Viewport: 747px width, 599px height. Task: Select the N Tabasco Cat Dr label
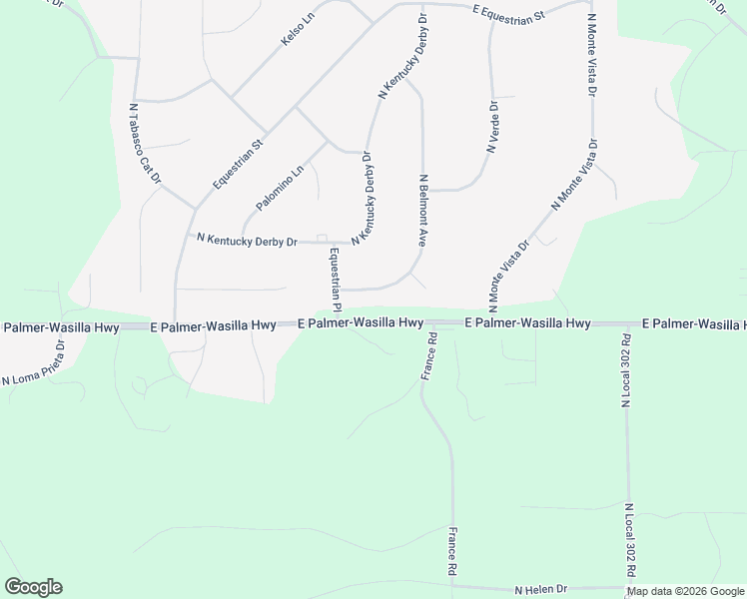pos(146,144)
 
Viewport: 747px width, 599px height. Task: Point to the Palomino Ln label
pos(279,188)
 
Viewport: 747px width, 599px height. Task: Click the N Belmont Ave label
pos(423,211)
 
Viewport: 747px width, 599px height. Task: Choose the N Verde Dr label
pos(493,127)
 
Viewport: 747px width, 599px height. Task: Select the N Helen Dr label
pos(540,590)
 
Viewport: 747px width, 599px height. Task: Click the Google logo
pos(33,587)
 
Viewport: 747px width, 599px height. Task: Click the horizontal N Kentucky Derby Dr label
pos(248,241)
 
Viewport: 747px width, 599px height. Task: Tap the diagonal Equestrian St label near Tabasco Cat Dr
pos(236,164)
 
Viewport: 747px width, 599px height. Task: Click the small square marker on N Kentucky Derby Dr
pos(322,238)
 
